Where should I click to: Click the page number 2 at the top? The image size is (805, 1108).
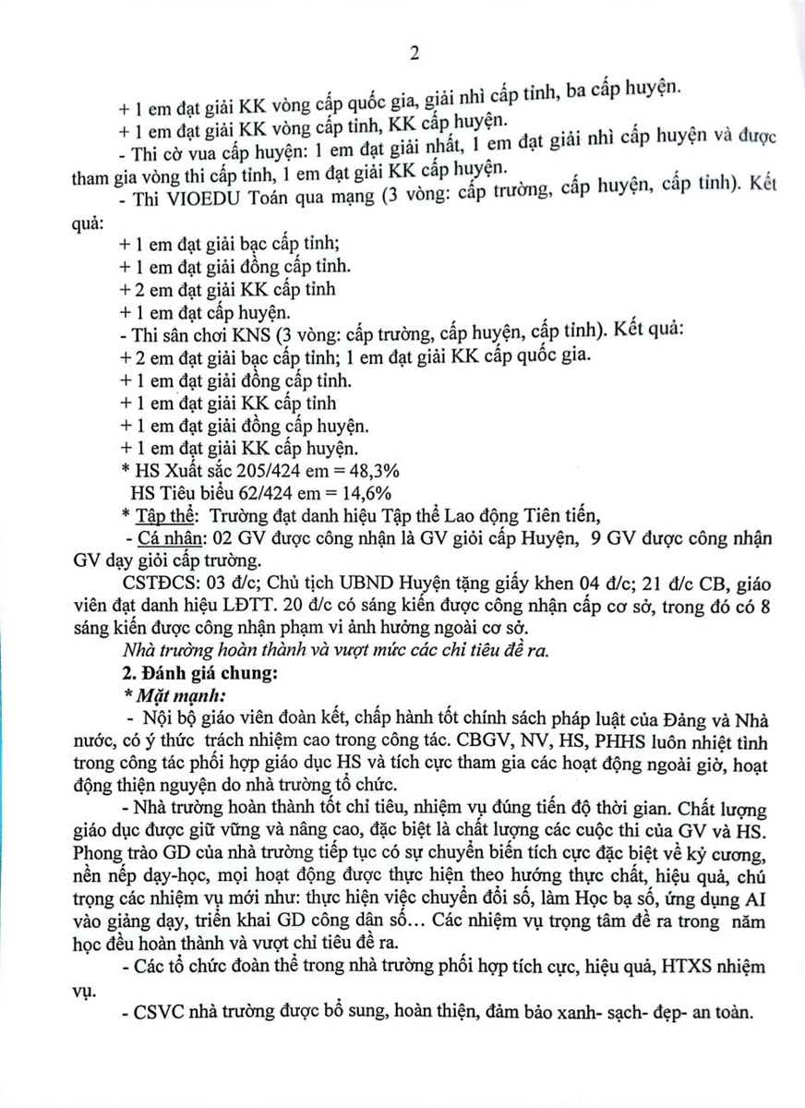pos(415,54)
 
